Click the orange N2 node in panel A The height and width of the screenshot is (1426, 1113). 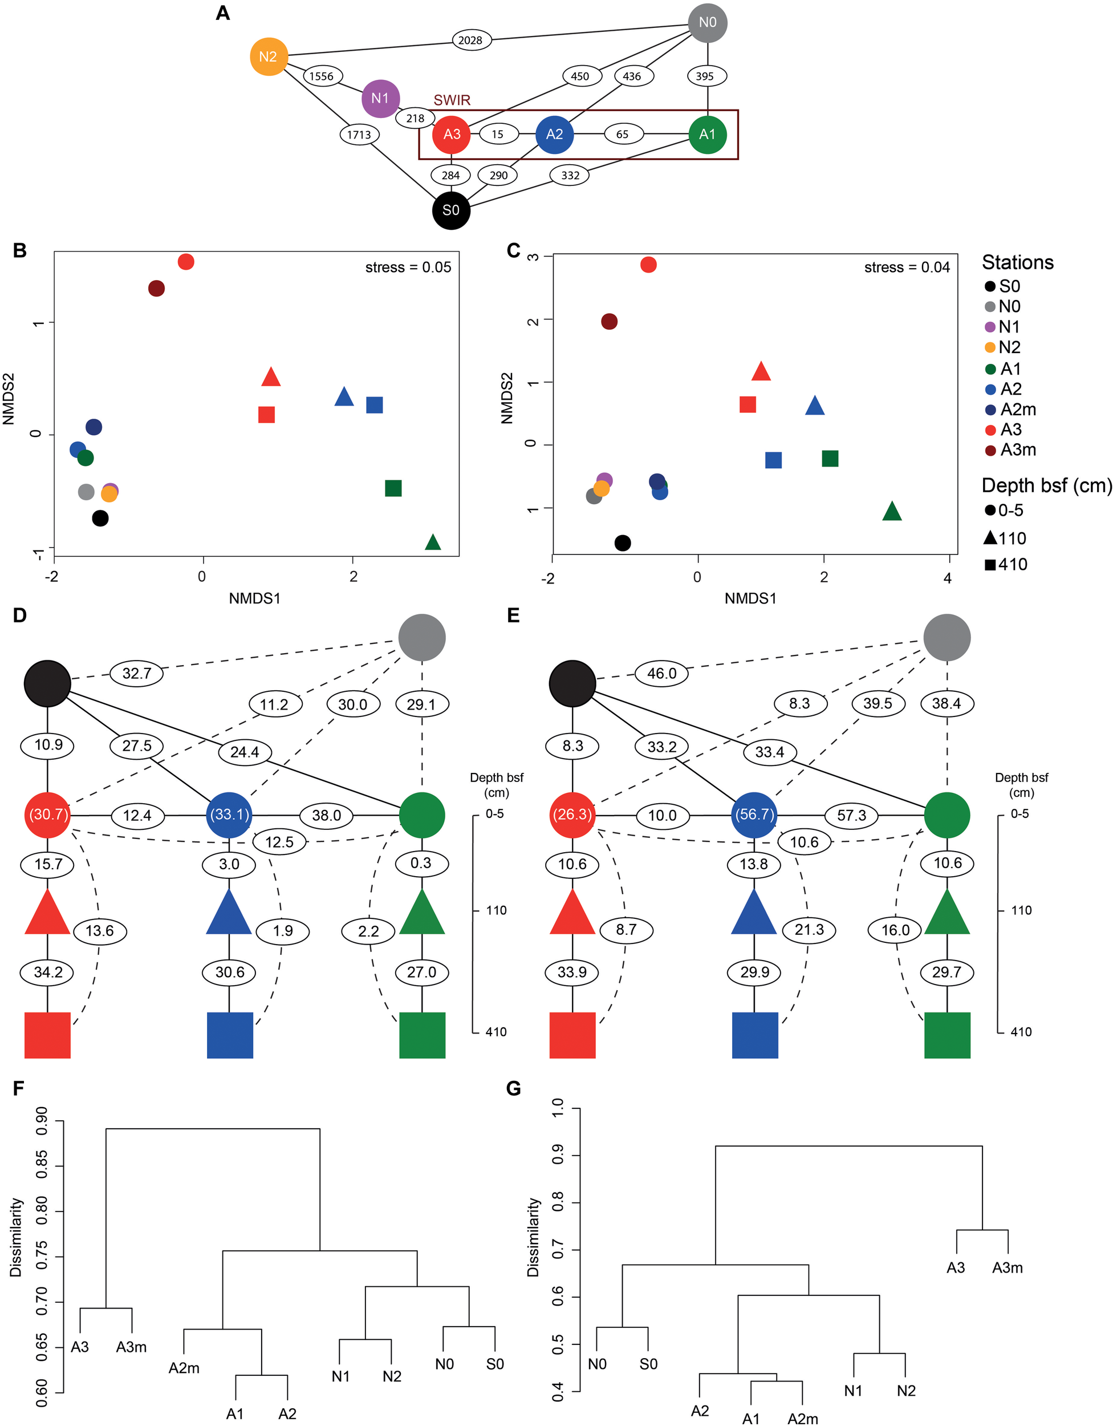pos(269,57)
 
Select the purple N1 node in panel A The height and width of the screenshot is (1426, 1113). pos(380,99)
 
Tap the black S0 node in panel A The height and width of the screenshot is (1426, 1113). pos(451,210)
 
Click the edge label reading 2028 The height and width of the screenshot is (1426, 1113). pos(470,40)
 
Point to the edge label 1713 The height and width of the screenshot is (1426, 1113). pos(359,135)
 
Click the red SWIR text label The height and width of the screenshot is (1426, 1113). pos(452,100)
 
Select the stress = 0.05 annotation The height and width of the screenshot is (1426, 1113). pos(408,267)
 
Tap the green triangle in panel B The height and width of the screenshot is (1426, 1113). pos(433,542)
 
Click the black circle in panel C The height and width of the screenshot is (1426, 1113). pos(623,542)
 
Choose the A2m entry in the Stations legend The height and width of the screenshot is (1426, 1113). pos(1018,410)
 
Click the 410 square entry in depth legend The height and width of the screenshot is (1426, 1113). pos(1006,565)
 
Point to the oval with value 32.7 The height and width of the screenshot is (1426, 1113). pos(136,673)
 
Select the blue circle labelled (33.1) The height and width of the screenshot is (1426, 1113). pos(229,816)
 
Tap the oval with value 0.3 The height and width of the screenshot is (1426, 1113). pos(421,863)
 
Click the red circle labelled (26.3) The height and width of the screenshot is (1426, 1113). pos(572,816)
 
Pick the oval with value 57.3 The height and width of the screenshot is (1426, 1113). pos(852,816)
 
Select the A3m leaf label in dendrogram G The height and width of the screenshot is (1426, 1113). pos(1008,1268)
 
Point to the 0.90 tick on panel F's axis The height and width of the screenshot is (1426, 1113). pos(41,1121)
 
